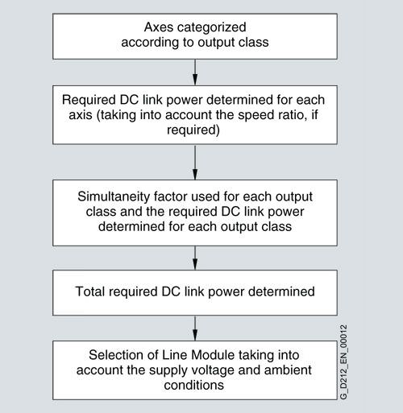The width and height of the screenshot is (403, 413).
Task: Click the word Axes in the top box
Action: pos(158,27)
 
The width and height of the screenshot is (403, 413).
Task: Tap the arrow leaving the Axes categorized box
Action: pos(195,72)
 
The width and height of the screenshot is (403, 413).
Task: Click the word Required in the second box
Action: pos(89,101)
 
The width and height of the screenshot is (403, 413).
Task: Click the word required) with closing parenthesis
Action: pos(193,130)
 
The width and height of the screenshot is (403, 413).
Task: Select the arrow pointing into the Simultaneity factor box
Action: pos(195,162)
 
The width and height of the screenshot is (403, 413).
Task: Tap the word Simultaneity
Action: pos(114,197)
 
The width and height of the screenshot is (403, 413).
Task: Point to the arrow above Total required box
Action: pos(195,258)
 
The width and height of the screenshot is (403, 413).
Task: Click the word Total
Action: pos(89,291)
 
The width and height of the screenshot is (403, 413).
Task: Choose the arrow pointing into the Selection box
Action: pos(195,328)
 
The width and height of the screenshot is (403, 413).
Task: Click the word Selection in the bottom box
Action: pos(116,355)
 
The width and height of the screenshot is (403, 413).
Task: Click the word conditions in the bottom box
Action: pos(194,385)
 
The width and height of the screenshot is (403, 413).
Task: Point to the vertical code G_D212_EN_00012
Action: pos(343,362)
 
